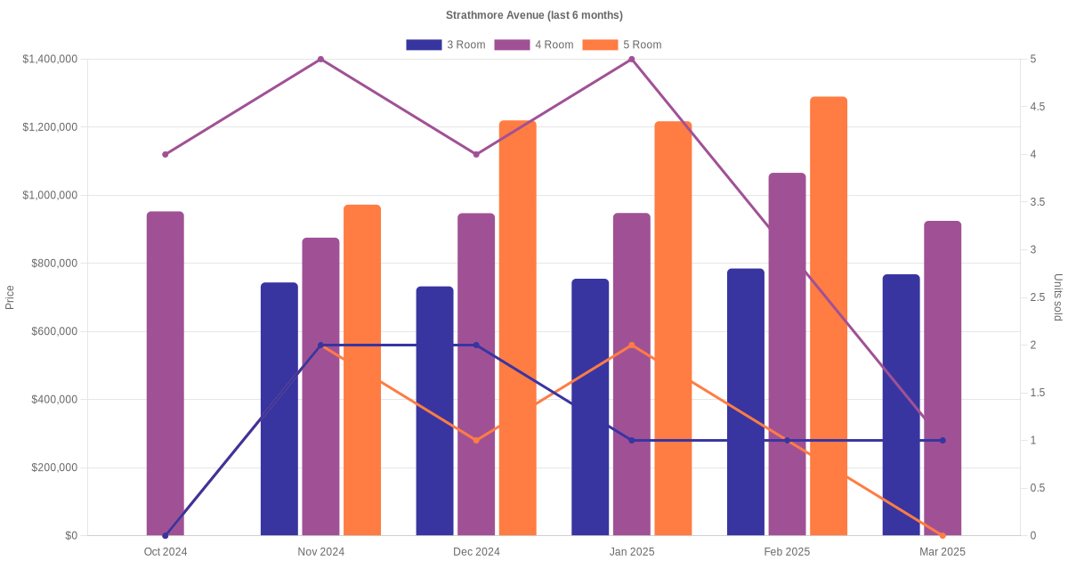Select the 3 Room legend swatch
pos(424,45)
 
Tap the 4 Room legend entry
pos(534,45)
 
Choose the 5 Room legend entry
pos(622,45)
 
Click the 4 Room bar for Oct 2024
pos(166,373)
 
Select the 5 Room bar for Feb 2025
pos(829,316)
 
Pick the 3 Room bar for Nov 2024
pos(279,409)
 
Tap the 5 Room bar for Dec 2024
pos(518,329)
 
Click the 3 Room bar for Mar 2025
pos(901,405)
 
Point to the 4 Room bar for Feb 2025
pos(787,354)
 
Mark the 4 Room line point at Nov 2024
pos(321,59)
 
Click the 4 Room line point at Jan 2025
pos(632,59)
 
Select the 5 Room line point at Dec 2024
pos(476,440)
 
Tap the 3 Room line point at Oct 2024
pos(166,536)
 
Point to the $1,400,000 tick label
pos(50,59)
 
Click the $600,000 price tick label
pos(54,331)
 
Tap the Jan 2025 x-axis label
pos(632,552)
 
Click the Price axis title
pos(10,297)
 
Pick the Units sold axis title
pos(1058,297)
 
